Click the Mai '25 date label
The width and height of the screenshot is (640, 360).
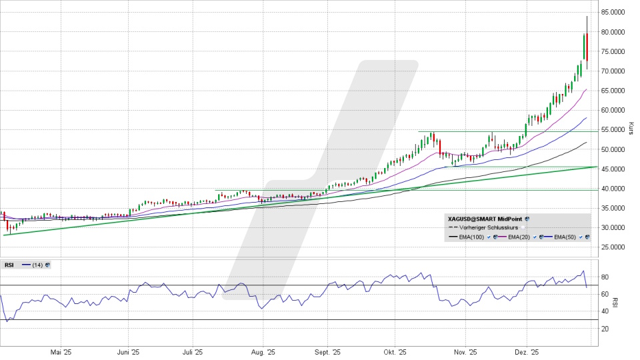coord(61,352)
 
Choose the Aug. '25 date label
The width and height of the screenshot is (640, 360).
coord(262,352)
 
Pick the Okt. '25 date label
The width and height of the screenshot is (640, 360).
coord(395,352)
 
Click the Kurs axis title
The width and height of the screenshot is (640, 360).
coord(631,128)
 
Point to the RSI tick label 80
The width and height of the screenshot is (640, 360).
coord(606,277)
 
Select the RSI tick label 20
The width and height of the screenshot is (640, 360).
coord(606,329)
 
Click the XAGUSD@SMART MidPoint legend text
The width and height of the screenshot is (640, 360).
coord(485,218)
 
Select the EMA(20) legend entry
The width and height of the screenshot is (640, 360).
coord(517,237)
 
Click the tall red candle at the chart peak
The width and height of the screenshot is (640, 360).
coord(587,47)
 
